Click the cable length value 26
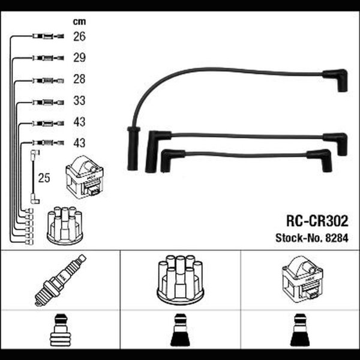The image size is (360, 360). pos(79,36)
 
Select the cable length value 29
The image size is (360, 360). pos(79,58)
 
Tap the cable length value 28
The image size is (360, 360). pos(79,79)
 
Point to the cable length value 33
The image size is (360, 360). pos(79,101)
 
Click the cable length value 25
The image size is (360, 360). pos(44,178)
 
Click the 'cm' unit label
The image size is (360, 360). pos(79,22)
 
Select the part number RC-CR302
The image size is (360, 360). pos(317,221)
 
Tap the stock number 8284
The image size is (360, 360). pos(337,238)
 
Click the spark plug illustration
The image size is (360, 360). pos(60,280)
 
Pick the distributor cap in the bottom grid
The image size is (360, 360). pos(180,280)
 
